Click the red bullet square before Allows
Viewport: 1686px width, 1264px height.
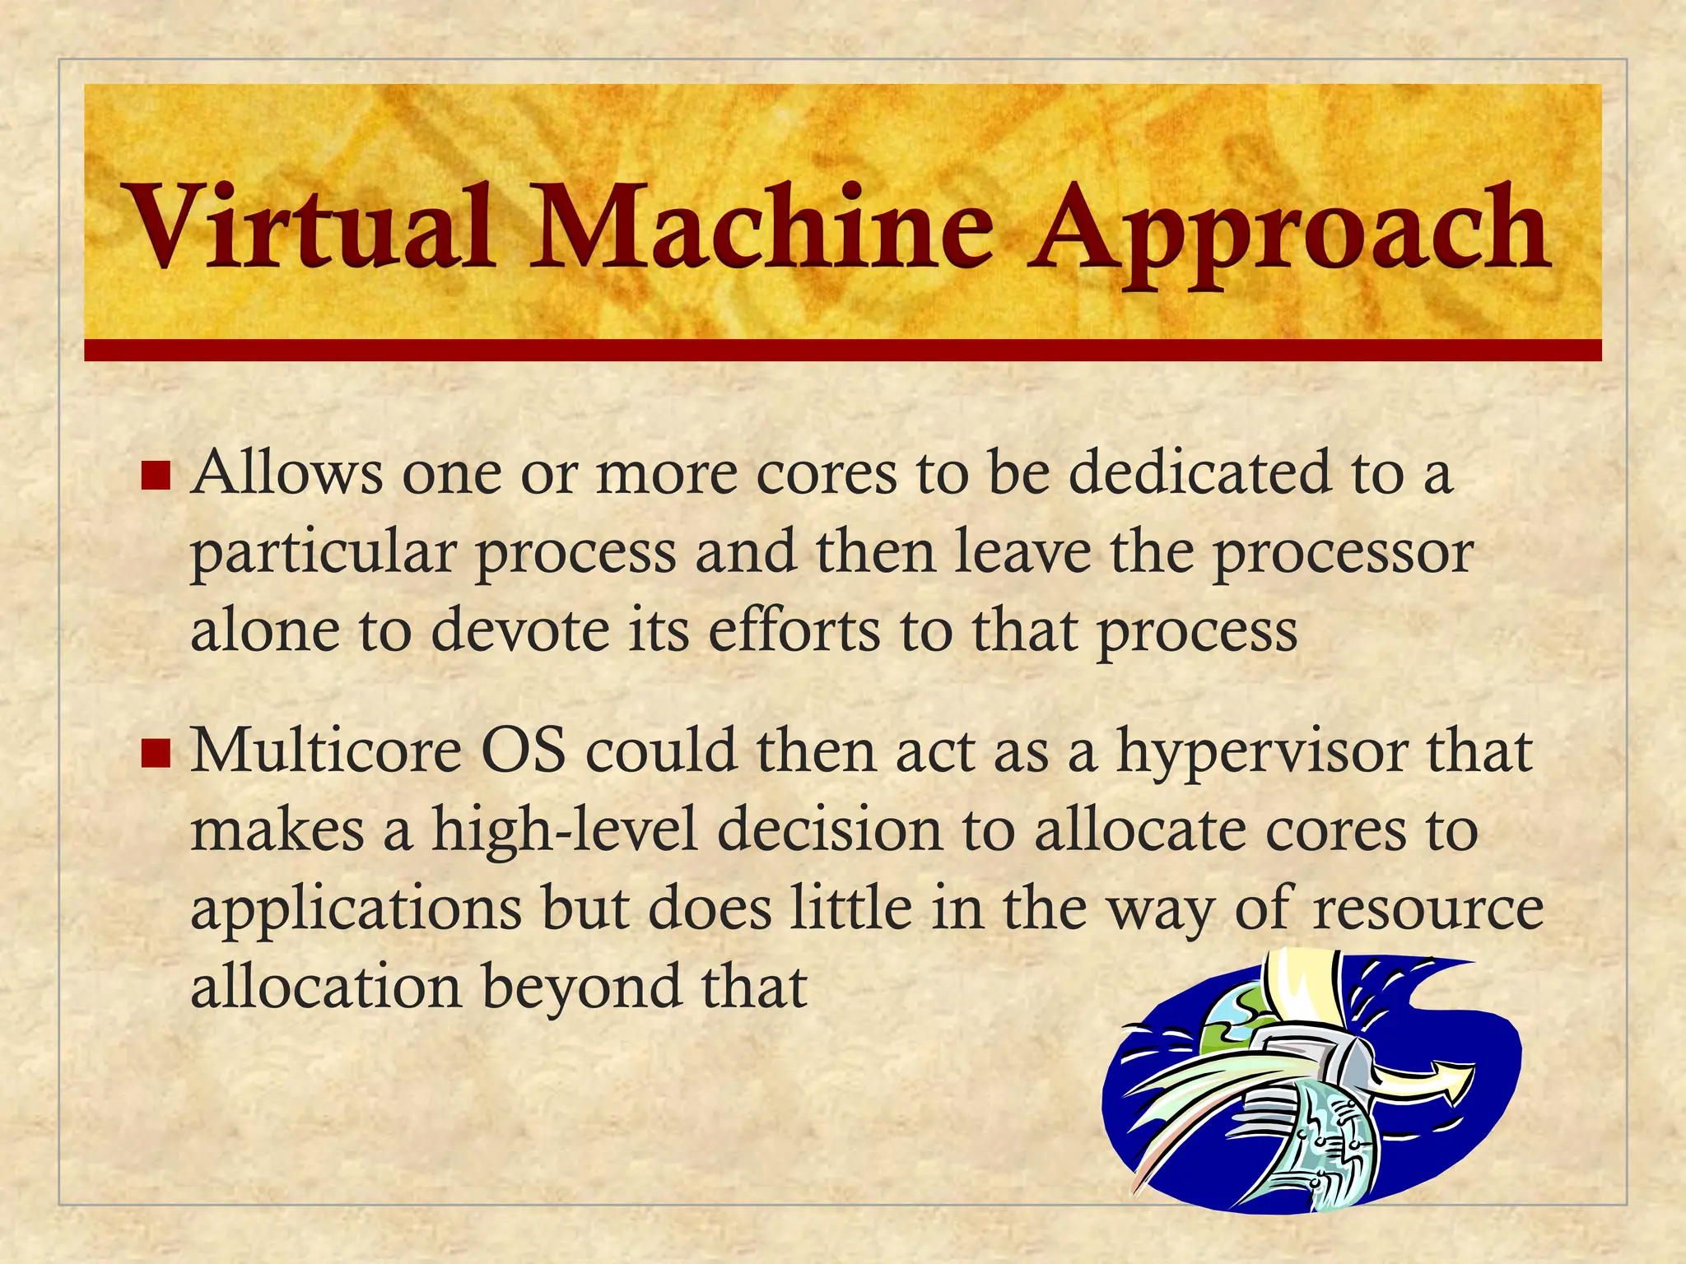point(155,475)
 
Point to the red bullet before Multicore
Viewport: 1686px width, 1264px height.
point(155,753)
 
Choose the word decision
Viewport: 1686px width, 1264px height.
point(829,829)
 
